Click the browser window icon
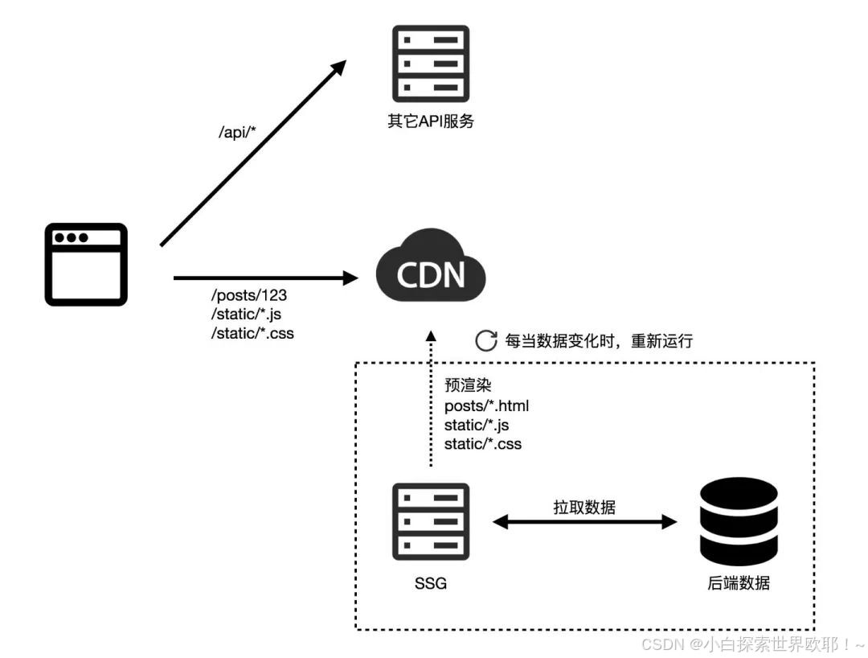click(x=86, y=264)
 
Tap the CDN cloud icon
click(x=431, y=266)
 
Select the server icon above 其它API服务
click(x=431, y=64)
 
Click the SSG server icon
click(x=431, y=522)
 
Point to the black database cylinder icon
click(x=739, y=522)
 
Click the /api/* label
click(x=237, y=132)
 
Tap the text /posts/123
click(x=249, y=295)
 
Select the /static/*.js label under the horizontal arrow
click(x=247, y=314)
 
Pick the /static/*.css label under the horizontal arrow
click(x=252, y=333)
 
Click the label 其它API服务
click(x=431, y=121)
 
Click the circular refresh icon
click(x=486, y=340)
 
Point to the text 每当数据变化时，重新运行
click(x=599, y=340)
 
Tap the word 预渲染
click(x=468, y=385)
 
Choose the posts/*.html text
click(x=486, y=406)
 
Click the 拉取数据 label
click(x=584, y=507)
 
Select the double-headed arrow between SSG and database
click(x=584, y=522)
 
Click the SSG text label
click(x=431, y=583)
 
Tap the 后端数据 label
click(x=739, y=582)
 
